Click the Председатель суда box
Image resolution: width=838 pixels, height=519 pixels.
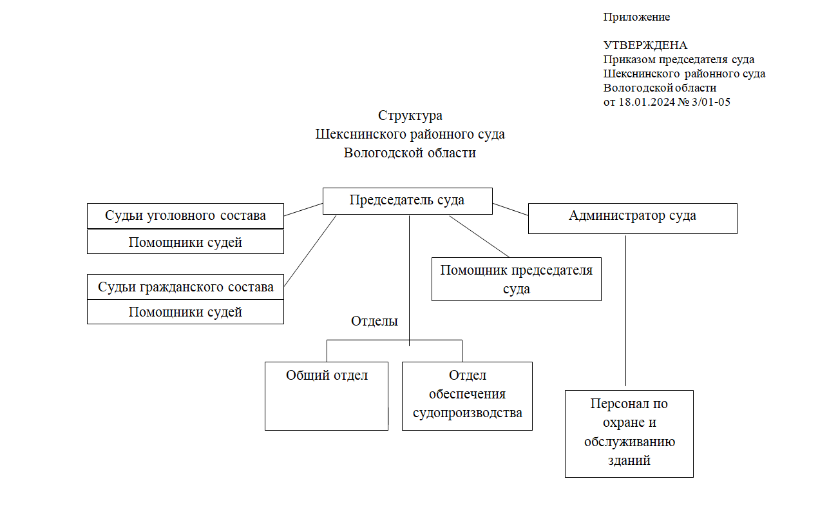[407, 201]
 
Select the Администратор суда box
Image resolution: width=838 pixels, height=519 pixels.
[632, 218]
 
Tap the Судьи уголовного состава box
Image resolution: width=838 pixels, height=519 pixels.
[186, 216]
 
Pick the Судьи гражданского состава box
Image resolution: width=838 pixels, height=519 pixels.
[186, 287]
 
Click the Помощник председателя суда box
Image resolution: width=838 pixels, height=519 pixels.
[516, 279]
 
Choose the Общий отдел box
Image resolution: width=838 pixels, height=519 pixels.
[327, 396]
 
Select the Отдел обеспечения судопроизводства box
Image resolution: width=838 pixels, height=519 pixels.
[467, 396]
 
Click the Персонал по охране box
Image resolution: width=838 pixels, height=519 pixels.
[629, 433]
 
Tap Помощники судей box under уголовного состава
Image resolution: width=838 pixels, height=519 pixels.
[186, 242]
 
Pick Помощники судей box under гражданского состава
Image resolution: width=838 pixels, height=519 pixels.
[186, 312]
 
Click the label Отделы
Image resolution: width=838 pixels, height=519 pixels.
[374, 321]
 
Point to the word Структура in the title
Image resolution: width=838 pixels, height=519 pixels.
[410, 116]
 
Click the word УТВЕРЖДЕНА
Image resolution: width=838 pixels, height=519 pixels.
[645, 46]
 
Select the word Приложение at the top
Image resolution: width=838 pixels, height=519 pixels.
[636, 17]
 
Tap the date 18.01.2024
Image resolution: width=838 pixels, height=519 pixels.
[646, 102]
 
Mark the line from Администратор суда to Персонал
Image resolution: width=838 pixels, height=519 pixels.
[625, 309]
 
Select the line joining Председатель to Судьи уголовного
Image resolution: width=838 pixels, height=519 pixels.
[303, 210]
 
